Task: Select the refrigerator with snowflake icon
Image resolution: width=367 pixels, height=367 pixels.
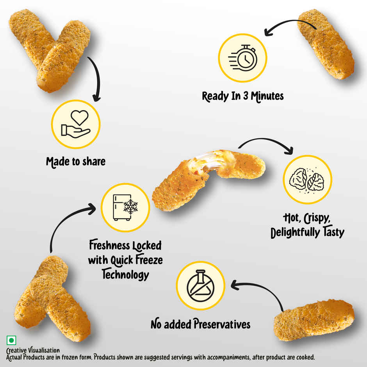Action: click(x=125, y=207)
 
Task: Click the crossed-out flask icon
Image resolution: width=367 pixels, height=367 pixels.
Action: click(x=200, y=285)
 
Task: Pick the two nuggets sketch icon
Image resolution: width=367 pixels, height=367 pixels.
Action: click(x=307, y=180)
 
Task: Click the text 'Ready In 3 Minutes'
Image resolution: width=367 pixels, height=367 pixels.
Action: click(x=242, y=96)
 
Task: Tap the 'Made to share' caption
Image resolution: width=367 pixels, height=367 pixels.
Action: click(x=76, y=161)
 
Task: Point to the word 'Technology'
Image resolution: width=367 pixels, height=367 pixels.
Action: click(x=125, y=274)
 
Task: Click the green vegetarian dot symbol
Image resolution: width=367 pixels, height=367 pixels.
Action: click(x=11, y=341)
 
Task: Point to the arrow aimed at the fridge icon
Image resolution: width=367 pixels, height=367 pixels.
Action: click(x=66, y=223)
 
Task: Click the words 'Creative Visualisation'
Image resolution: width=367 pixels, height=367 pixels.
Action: click(x=33, y=350)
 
